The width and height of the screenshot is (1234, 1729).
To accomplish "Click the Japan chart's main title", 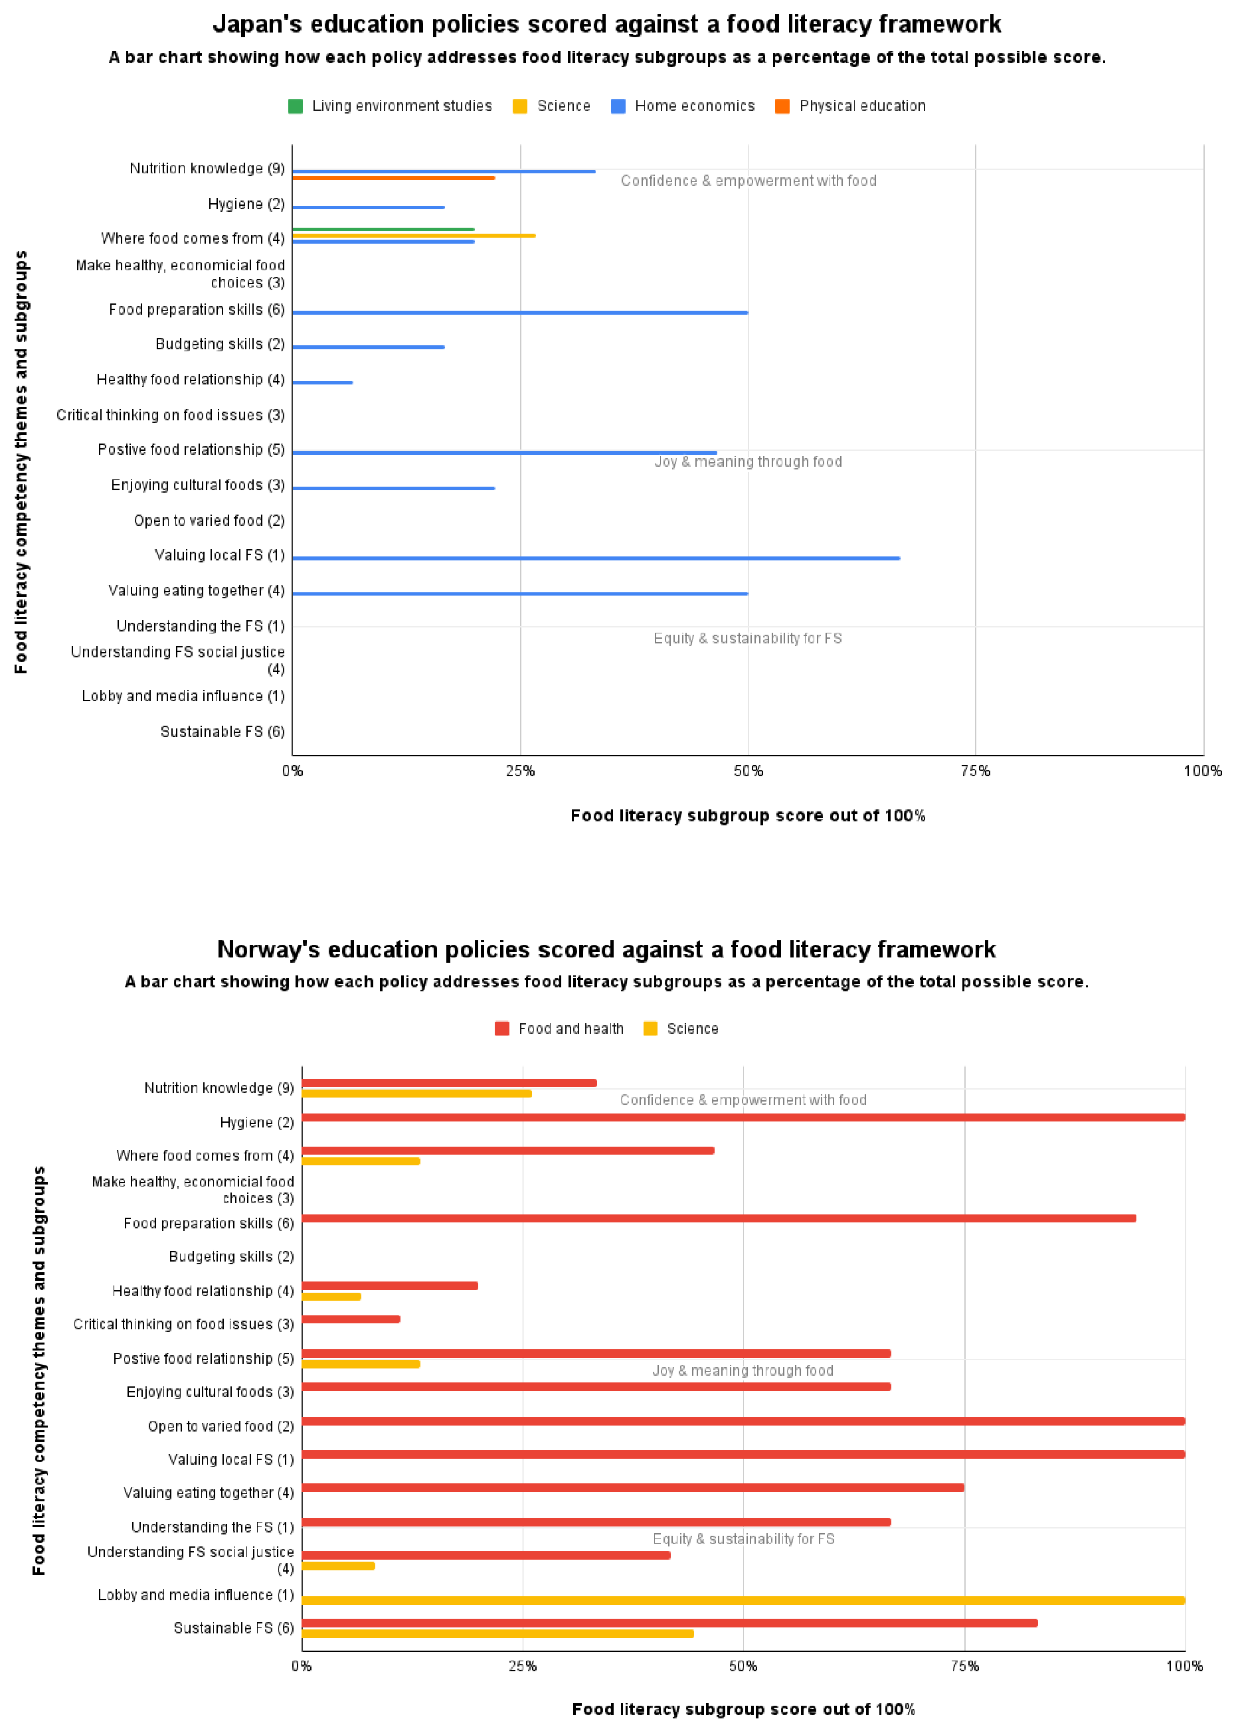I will click(x=606, y=25).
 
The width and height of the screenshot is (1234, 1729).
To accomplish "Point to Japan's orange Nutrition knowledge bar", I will click(x=394, y=178).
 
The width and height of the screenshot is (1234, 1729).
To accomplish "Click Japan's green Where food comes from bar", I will click(x=383, y=228).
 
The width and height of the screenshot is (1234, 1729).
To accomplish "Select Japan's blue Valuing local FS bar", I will click(x=596, y=558).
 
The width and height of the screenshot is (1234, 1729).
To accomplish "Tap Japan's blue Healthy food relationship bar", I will click(x=322, y=382).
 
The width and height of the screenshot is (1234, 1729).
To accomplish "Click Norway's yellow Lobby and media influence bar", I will click(x=743, y=1600).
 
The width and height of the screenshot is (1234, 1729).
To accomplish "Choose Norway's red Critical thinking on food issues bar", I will click(x=351, y=1319).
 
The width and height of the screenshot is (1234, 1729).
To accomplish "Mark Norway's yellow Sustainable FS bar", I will click(x=497, y=1633).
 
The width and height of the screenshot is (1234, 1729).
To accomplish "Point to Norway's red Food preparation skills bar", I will click(x=719, y=1218).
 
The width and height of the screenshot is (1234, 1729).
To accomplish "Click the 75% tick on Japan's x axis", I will click(x=975, y=771).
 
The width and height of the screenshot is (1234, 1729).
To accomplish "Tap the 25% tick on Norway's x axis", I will click(x=523, y=1666).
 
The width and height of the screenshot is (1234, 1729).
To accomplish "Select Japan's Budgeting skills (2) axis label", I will click(x=220, y=344).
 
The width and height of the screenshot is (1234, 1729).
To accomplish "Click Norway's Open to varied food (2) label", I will click(x=220, y=1426).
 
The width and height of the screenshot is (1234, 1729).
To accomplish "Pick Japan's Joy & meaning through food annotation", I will click(x=748, y=462).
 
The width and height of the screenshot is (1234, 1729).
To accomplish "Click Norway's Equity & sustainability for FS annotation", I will click(x=743, y=1538).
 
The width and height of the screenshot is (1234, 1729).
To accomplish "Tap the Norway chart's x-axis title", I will click(x=743, y=1709).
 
